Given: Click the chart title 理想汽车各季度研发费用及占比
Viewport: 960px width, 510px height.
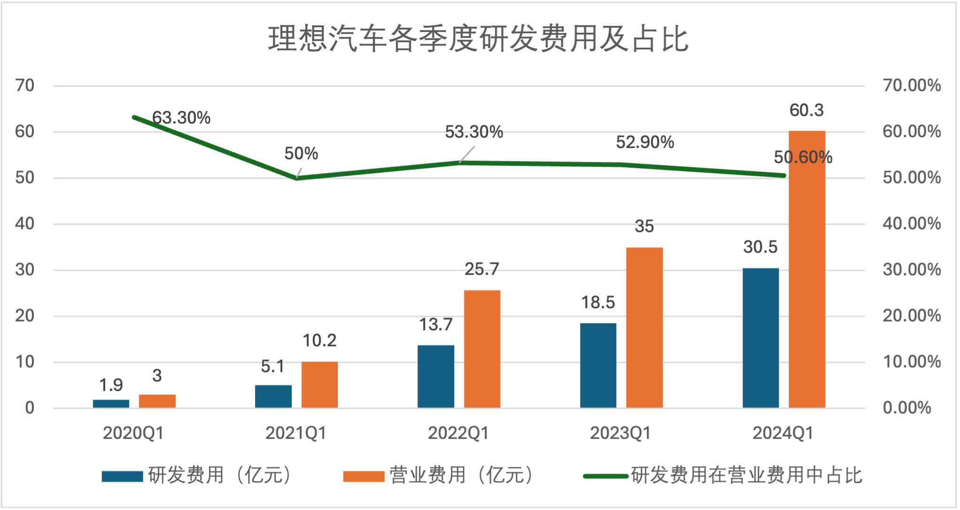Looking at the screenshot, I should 478,39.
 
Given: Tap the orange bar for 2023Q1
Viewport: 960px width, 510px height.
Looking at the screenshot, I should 644,327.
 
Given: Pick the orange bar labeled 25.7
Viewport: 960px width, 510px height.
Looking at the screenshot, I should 482,348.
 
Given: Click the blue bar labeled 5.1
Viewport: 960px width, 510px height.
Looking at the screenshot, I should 273,396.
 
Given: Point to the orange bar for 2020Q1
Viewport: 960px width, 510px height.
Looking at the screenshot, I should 157,401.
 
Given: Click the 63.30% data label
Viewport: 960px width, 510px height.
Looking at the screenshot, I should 181,118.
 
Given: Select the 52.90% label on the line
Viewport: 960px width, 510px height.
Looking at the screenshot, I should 644,142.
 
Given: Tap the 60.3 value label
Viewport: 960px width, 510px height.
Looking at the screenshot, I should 806,110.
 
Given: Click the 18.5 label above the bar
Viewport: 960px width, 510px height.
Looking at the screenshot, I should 597,302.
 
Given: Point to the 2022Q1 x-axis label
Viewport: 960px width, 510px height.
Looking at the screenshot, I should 458,433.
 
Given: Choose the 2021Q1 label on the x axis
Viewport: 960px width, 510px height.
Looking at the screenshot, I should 295,433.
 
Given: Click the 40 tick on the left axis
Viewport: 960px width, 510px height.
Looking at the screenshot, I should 24,224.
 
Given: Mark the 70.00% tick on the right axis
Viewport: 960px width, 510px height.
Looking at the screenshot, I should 911,85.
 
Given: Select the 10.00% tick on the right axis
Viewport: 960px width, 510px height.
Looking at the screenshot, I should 911,362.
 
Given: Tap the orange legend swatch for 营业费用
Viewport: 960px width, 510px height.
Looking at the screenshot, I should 363,476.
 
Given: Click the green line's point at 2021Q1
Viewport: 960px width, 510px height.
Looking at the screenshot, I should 296,178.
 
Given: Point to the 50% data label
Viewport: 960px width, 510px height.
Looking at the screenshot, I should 301,154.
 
